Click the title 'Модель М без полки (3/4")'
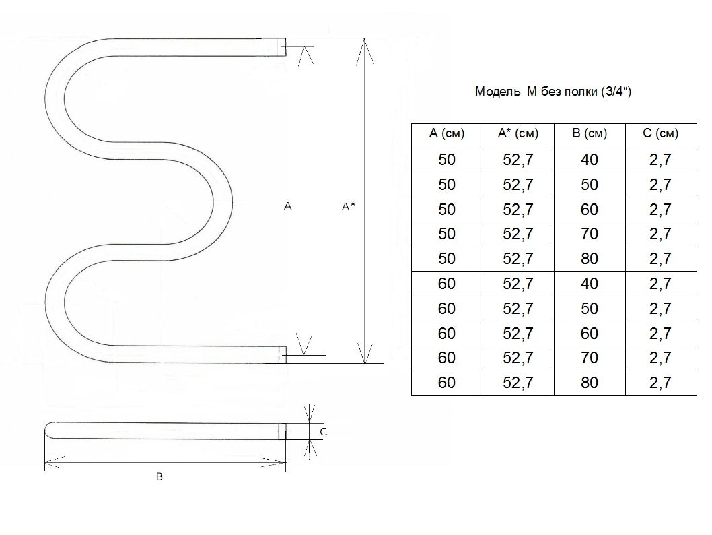pyautogui.click(x=553, y=92)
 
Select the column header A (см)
pyautogui.click(x=447, y=133)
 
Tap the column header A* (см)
pyautogui.click(x=518, y=133)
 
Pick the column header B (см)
pyautogui.click(x=590, y=133)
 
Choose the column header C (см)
pyautogui.click(x=661, y=133)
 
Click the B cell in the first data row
pyautogui.click(x=590, y=160)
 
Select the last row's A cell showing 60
pyautogui.click(x=447, y=383)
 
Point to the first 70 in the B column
pyautogui.click(x=590, y=234)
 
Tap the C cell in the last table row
pyautogui.click(x=660, y=383)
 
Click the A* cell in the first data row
pyautogui.click(x=518, y=160)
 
